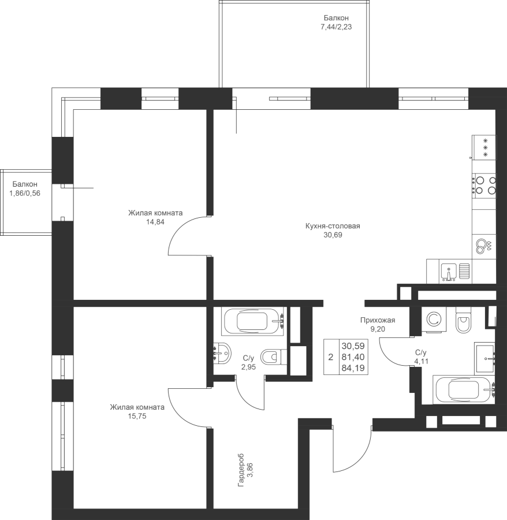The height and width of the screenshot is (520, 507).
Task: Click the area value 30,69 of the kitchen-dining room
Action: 333,235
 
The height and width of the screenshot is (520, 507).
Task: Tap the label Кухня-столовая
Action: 333,226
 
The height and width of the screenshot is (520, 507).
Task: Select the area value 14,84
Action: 155,222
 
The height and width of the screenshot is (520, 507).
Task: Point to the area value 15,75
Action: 137,416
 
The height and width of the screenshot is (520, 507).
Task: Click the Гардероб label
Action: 241,470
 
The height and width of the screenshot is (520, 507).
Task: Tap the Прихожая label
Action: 378,320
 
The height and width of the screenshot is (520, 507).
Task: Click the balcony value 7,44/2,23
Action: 336,27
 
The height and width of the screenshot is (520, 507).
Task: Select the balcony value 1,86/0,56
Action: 25,194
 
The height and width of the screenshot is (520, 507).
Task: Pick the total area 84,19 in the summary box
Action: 353,368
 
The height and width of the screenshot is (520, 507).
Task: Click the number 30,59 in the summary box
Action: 353,346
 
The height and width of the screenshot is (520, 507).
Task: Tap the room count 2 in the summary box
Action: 330,357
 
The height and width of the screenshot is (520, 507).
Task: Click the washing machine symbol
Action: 434,320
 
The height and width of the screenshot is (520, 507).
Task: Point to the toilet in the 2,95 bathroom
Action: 274,357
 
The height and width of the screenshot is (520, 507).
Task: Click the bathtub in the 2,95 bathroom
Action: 252,321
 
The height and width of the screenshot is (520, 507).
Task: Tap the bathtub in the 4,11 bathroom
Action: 464,389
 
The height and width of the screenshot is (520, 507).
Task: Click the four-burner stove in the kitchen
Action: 484,185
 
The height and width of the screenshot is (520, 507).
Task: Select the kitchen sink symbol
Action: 456,272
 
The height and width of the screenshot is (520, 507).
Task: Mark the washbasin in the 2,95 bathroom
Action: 222,353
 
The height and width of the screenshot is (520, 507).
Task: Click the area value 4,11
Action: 421,362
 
